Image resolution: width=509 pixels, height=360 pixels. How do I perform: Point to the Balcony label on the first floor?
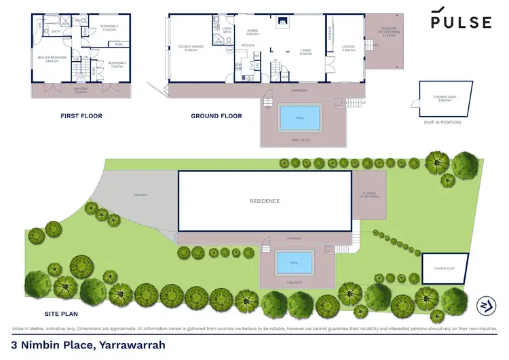pyautogui.click(x=81, y=89)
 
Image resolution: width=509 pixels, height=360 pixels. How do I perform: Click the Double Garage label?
pyautogui.click(x=188, y=48)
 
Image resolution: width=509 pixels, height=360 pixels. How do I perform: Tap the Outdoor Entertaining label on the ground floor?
pyautogui.click(x=389, y=34)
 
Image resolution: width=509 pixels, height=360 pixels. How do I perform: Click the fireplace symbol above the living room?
pyautogui.click(x=281, y=21)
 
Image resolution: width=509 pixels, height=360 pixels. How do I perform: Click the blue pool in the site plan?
pyautogui.click(x=294, y=262)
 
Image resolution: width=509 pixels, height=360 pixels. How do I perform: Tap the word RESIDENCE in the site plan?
pyautogui.click(x=265, y=201)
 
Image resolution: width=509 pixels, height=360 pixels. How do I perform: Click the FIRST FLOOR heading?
pyautogui.click(x=81, y=116)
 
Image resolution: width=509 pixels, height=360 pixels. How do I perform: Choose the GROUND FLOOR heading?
pyautogui.click(x=216, y=116)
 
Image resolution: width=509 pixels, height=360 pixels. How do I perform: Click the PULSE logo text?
pyautogui.click(x=461, y=22)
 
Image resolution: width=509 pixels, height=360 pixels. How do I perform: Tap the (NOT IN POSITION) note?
pyautogui.click(x=442, y=122)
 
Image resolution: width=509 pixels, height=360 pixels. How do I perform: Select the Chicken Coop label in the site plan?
pyautogui.click(x=445, y=269)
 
